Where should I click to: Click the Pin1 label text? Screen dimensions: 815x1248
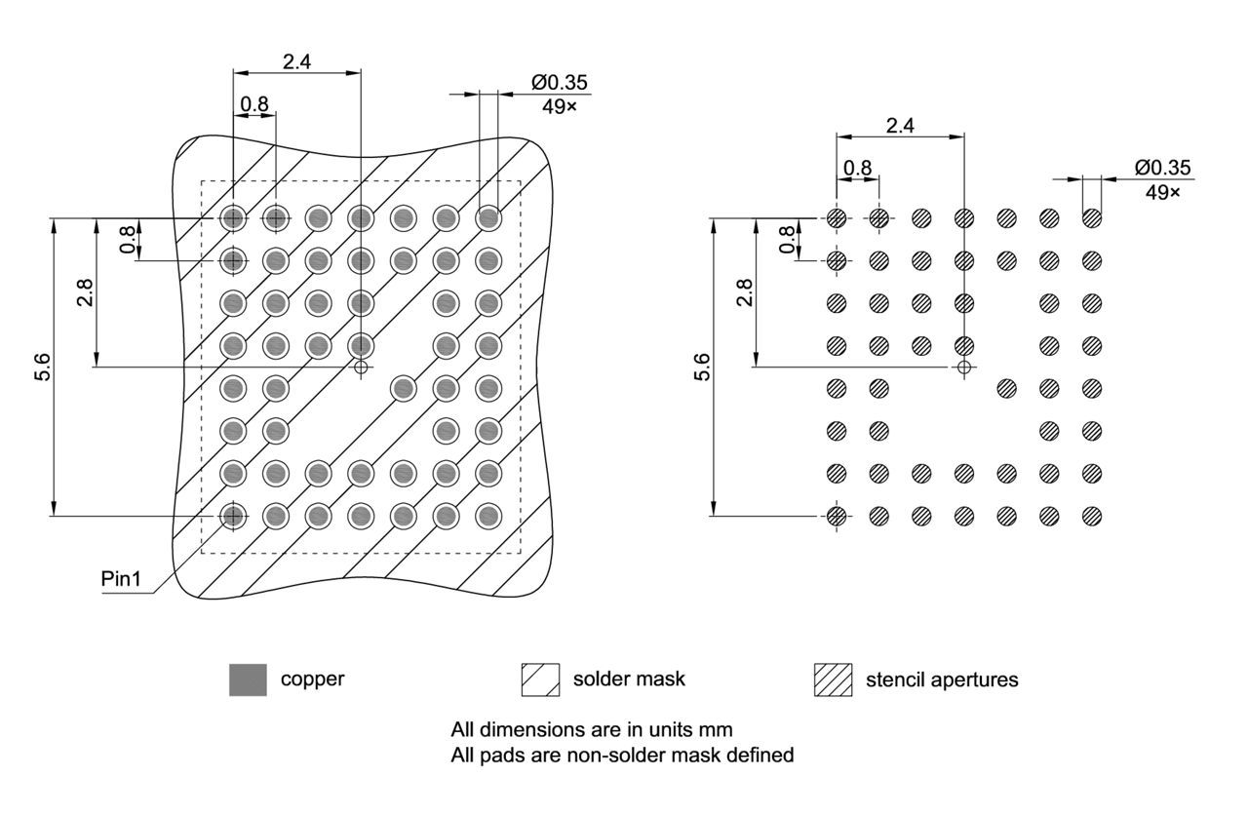click(x=122, y=579)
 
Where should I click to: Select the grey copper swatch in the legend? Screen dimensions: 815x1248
click(x=248, y=679)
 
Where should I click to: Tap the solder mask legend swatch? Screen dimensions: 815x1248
click(x=540, y=679)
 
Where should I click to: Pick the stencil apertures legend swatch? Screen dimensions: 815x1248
click(x=833, y=679)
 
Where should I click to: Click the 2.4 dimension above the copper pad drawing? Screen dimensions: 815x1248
click(x=296, y=62)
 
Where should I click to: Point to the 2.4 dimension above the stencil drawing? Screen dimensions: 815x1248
click(x=900, y=126)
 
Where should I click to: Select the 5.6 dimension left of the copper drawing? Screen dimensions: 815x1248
click(x=43, y=369)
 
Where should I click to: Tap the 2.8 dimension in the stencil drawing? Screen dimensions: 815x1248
click(x=745, y=292)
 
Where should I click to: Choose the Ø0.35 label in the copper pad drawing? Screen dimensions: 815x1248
click(x=560, y=83)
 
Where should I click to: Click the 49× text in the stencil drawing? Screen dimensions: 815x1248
click(x=1162, y=192)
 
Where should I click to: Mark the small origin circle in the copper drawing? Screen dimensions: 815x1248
click(x=362, y=368)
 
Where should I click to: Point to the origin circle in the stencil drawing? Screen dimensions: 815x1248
click(x=964, y=368)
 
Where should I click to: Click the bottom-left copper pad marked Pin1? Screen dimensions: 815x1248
click(x=232, y=516)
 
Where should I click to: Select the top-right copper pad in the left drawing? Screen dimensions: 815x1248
click(x=488, y=218)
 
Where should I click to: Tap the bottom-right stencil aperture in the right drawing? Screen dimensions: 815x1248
click(x=1092, y=516)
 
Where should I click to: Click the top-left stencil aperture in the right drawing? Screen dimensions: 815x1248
click(x=836, y=218)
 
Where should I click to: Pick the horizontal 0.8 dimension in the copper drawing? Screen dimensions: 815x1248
click(x=253, y=103)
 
